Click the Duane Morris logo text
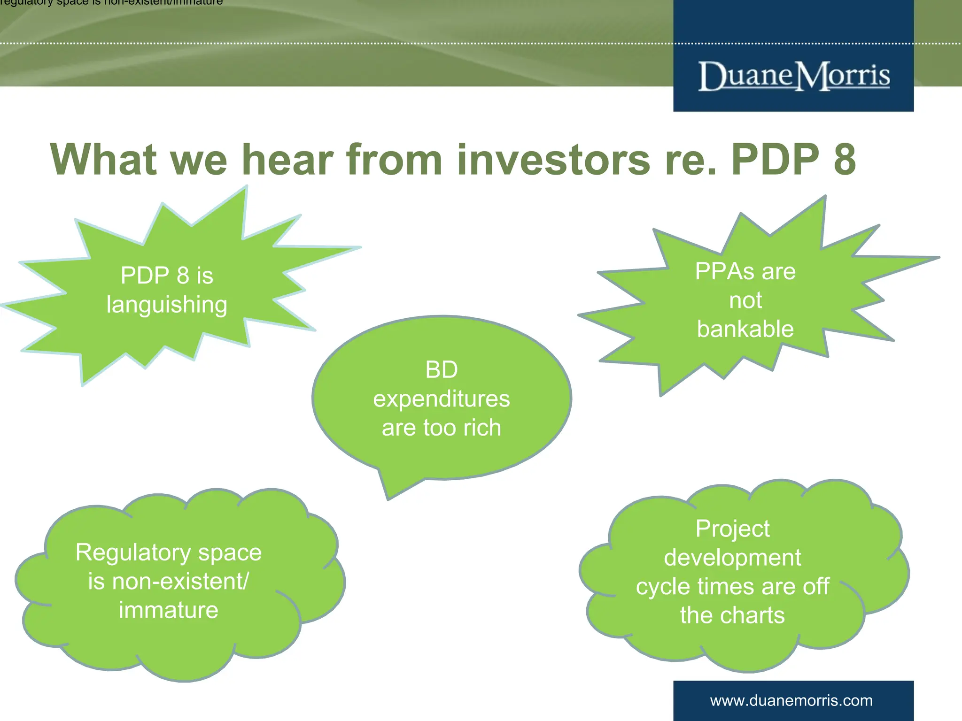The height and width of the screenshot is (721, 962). (x=793, y=76)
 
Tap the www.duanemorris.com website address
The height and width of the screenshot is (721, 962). (x=791, y=701)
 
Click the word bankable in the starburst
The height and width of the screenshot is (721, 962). (x=745, y=329)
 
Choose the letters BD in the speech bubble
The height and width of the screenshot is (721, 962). (x=441, y=370)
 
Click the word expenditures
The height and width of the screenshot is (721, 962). (x=441, y=399)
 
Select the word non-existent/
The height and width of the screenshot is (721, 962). (x=180, y=582)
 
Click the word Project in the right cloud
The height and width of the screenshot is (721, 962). (x=732, y=529)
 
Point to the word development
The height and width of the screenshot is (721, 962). (x=732, y=558)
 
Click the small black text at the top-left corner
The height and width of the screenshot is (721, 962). (x=111, y=3)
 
